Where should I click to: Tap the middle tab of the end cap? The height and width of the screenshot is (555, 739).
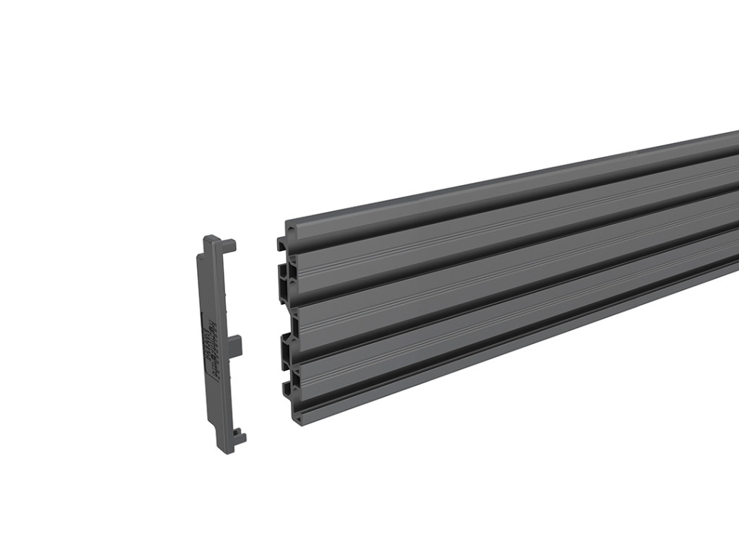tap(237, 345)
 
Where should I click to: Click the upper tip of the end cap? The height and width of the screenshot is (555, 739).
tap(211, 239)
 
